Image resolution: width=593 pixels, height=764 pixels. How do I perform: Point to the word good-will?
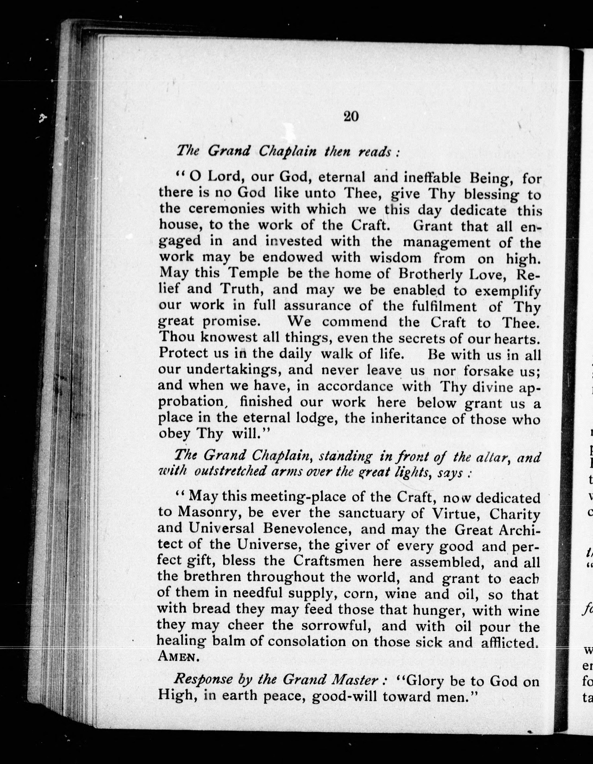coord(344,696)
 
